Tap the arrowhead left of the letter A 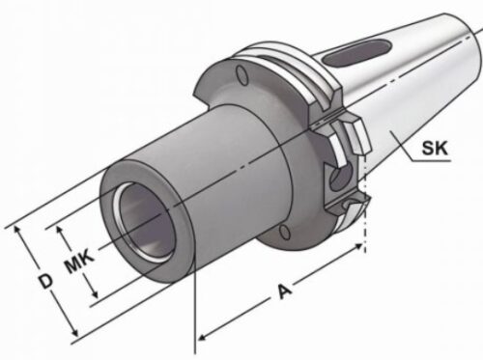point(204,338)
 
